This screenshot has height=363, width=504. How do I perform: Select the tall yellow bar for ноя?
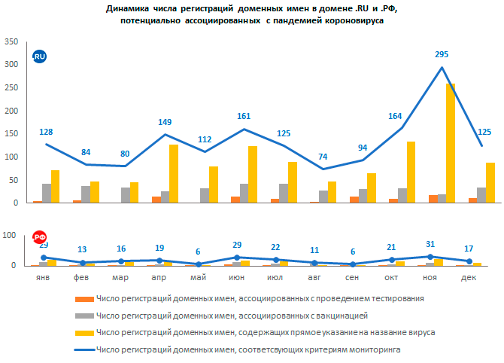pyautogui.click(x=451, y=143)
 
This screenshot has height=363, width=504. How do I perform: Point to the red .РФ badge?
pyautogui.click(x=39, y=238)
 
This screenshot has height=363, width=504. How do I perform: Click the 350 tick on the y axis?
pyautogui.click(x=12, y=42)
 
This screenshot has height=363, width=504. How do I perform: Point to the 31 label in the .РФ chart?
pyautogui.click(x=430, y=244)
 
